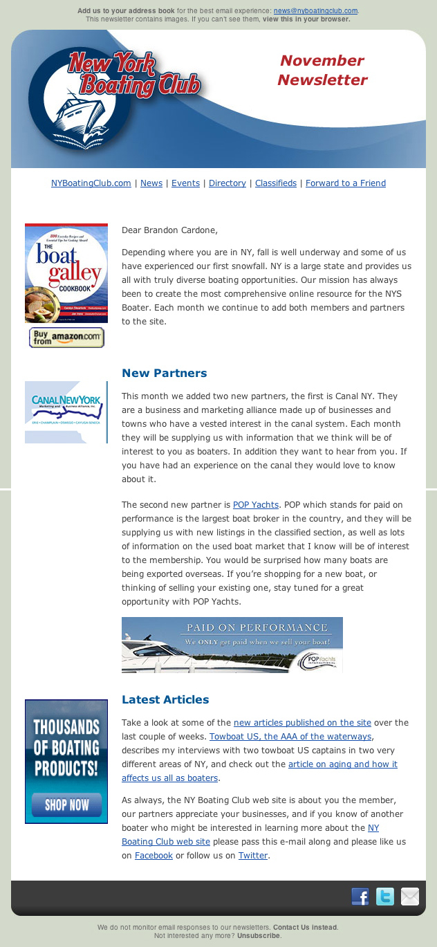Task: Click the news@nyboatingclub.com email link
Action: pyautogui.click(x=315, y=11)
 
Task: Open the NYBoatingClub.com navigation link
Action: pyautogui.click(x=91, y=183)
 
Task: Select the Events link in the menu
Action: pyautogui.click(x=185, y=183)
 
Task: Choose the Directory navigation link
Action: pyautogui.click(x=227, y=183)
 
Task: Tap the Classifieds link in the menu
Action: pyautogui.click(x=275, y=183)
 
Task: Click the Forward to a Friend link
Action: pyautogui.click(x=345, y=183)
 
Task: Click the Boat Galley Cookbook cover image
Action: pyautogui.click(x=66, y=273)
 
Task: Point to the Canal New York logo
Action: pyautogui.click(x=66, y=412)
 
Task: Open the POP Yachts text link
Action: pyautogui.click(x=255, y=505)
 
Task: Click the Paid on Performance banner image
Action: pyautogui.click(x=232, y=645)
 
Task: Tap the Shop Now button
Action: pyautogui.click(x=66, y=805)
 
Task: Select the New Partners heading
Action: pyautogui.click(x=164, y=374)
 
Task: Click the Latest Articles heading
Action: pyautogui.click(x=165, y=700)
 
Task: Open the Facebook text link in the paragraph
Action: pyautogui.click(x=154, y=856)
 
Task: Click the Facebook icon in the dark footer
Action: pyautogui.click(x=360, y=897)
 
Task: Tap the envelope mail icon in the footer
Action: pyautogui.click(x=410, y=897)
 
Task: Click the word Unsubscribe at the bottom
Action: pyautogui.click(x=259, y=935)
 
